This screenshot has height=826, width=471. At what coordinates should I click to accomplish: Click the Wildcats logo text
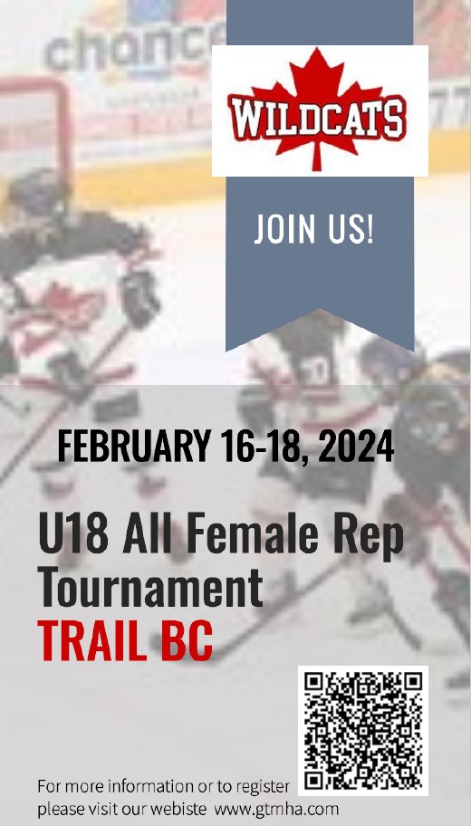(x=317, y=118)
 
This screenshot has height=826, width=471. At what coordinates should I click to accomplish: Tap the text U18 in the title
(x=73, y=533)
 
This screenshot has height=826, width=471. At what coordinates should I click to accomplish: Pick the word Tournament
(x=150, y=588)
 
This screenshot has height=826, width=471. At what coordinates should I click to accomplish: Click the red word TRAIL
(x=92, y=641)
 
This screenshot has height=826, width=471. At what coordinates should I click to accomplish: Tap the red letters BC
(x=187, y=641)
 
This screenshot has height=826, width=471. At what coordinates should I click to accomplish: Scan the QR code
(x=363, y=731)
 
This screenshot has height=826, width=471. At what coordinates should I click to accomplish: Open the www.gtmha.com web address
(x=276, y=809)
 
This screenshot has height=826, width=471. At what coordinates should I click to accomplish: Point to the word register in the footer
(x=263, y=788)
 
